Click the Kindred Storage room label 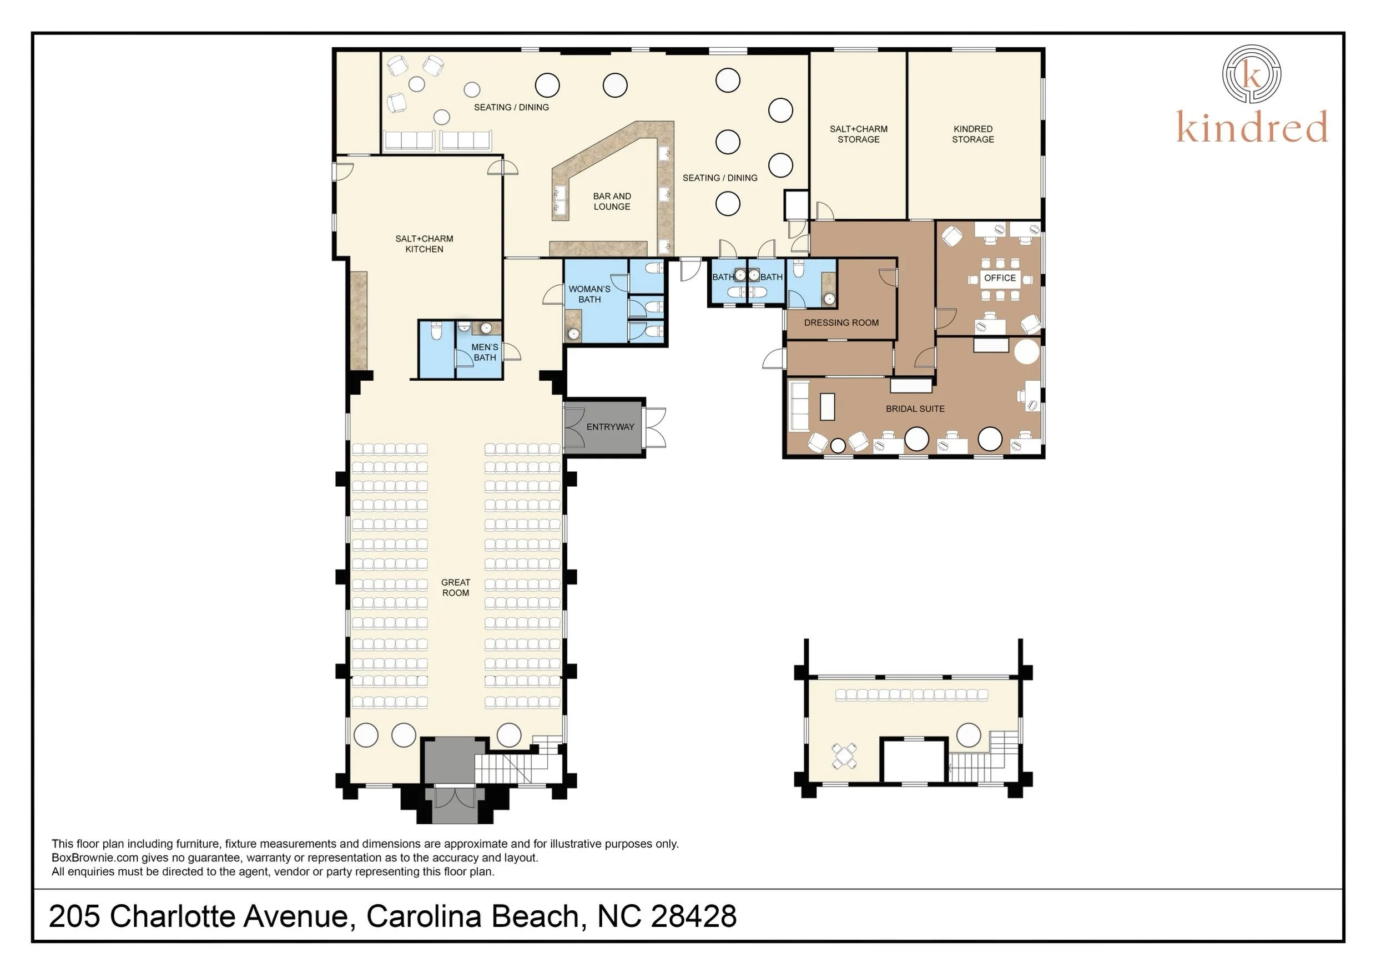tap(972, 134)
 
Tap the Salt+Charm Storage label tap(858, 134)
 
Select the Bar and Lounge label tap(612, 201)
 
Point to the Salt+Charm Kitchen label tap(424, 244)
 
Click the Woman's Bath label tap(589, 294)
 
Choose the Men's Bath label tap(485, 352)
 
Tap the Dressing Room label tap(841, 323)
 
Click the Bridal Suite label tap(915, 409)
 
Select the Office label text tap(1000, 278)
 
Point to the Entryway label tap(610, 427)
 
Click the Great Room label tap(456, 588)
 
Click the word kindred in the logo tap(1252, 127)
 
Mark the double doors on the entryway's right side tap(654, 427)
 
